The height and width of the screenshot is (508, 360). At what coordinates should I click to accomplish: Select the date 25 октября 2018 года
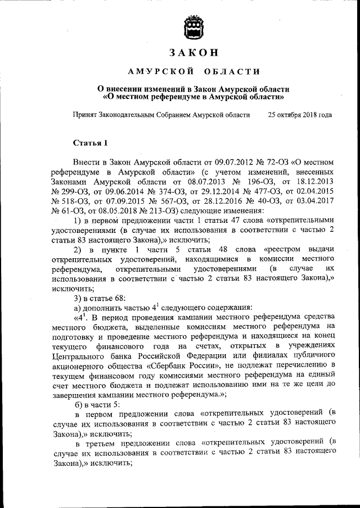click(x=300, y=115)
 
